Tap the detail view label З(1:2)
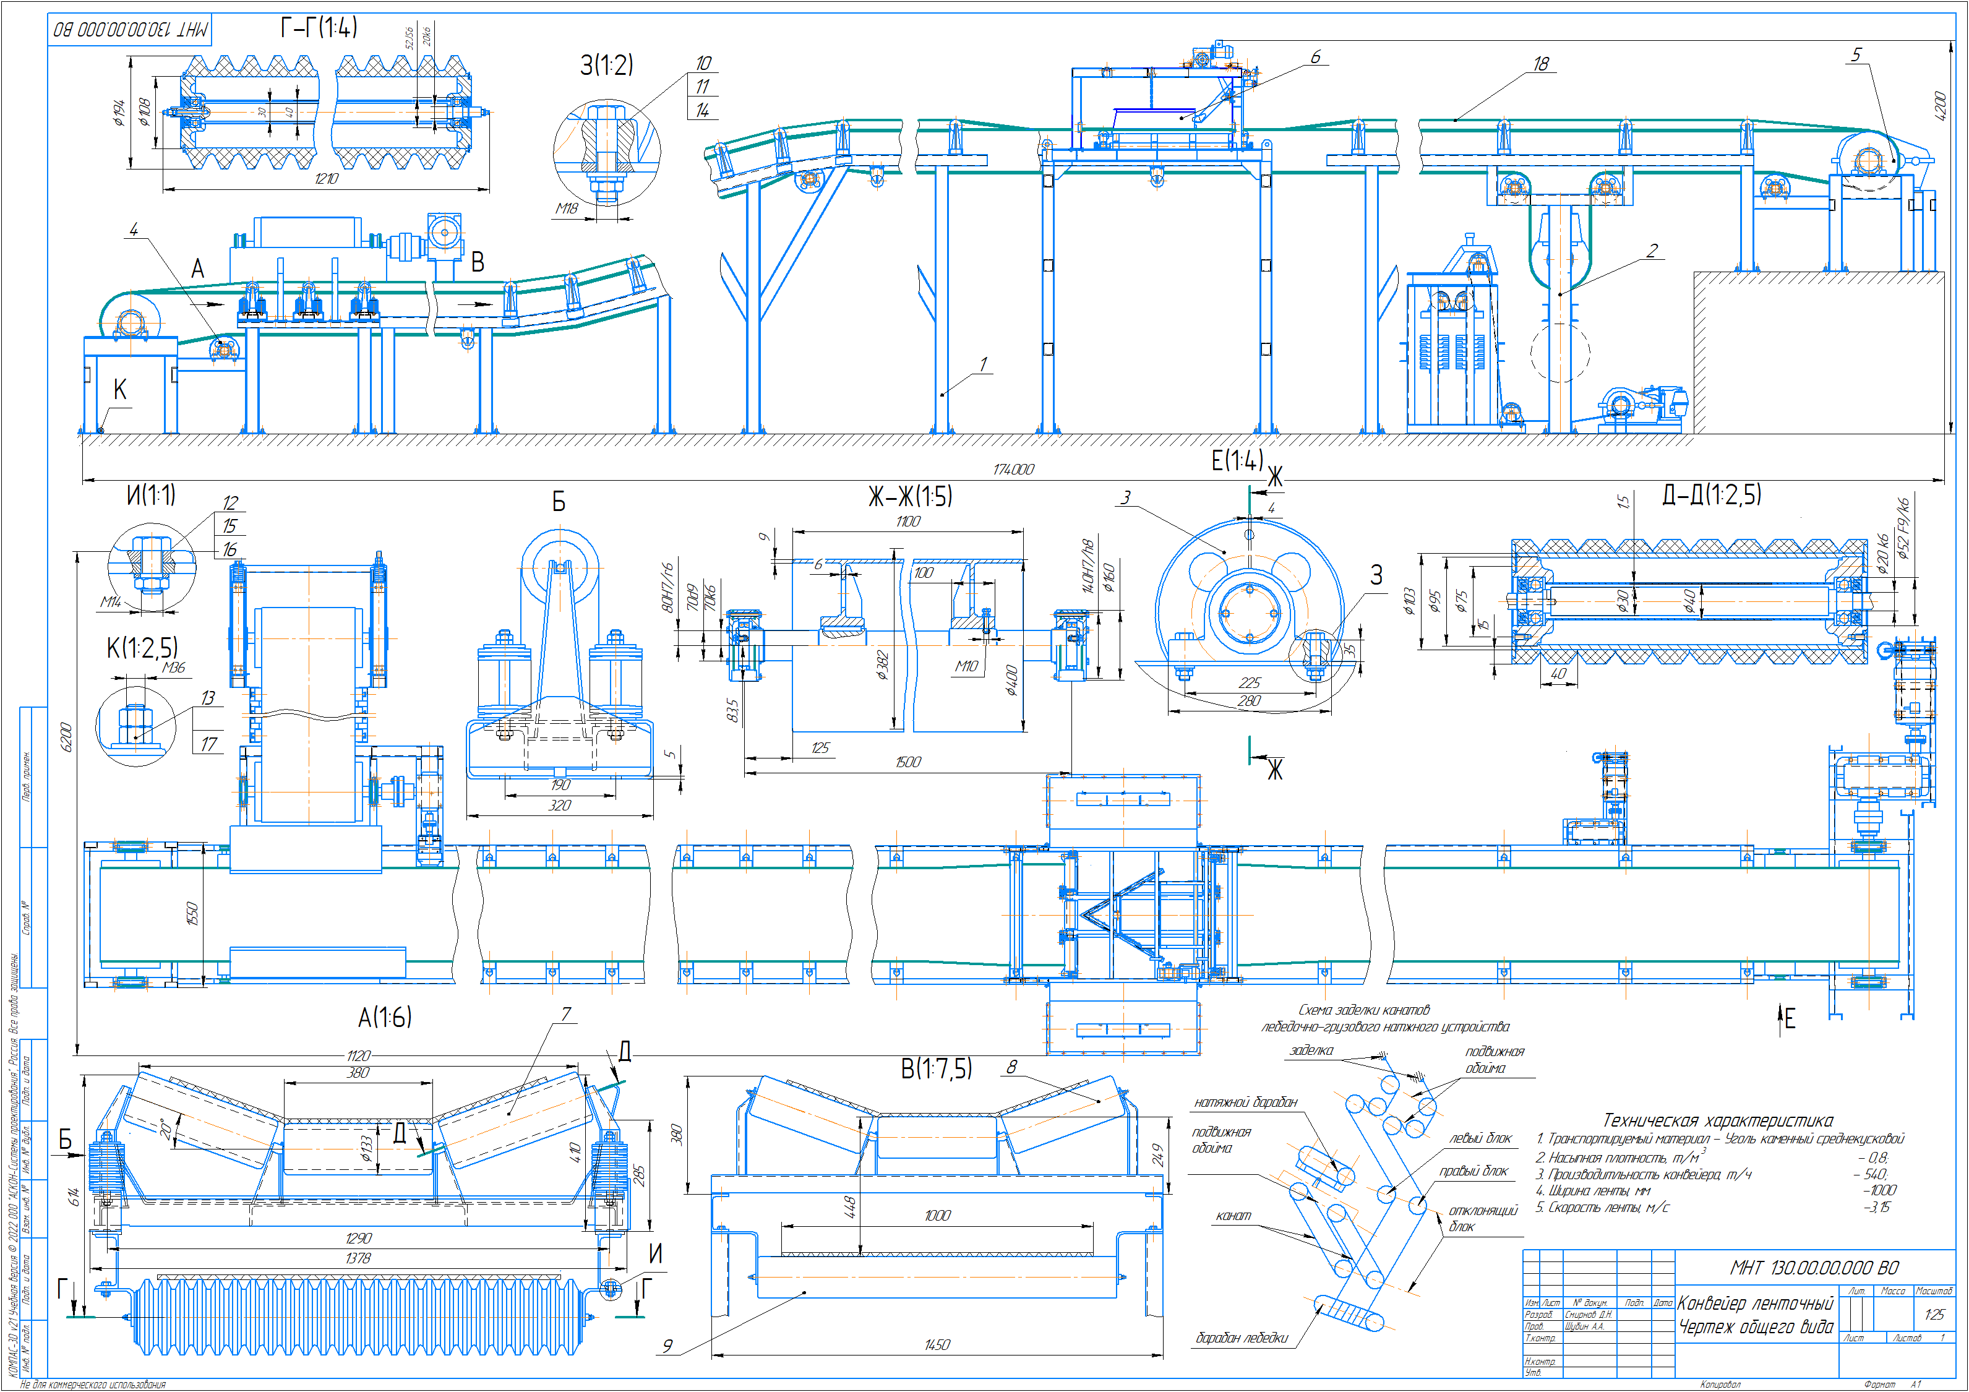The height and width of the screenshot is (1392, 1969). click(606, 64)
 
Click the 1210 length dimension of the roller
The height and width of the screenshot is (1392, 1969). click(326, 178)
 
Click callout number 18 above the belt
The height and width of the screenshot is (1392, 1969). click(1541, 64)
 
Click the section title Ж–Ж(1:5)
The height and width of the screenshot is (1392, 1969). click(910, 496)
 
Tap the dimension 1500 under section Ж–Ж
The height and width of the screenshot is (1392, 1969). click(907, 762)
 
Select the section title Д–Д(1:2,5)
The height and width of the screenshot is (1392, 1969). click(1712, 494)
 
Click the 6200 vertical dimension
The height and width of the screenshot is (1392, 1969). click(66, 737)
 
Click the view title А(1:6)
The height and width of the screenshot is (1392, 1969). click(384, 1017)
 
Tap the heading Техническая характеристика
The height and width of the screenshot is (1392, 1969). click(1718, 1120)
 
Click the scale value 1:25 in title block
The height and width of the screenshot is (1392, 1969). click(1934, 1314)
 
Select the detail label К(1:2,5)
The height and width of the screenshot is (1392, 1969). click(142, 648)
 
